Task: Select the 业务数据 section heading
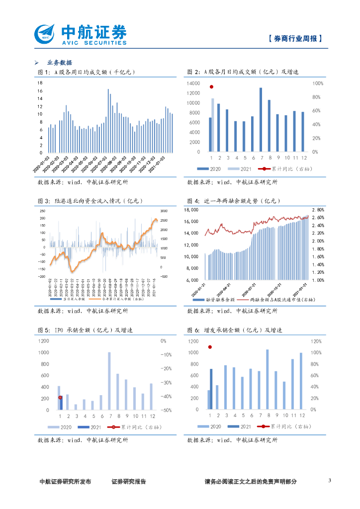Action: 60,63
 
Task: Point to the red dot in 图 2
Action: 211,86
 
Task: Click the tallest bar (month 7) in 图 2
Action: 261,120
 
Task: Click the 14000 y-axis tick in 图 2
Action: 194,84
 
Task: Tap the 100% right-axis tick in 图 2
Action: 318,84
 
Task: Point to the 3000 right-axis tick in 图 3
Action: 164,211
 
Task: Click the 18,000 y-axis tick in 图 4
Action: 192,210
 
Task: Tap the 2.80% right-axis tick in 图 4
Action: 318,210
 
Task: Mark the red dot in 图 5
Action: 60,397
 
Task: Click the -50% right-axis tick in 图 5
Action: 166,411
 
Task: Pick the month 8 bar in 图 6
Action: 267,380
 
